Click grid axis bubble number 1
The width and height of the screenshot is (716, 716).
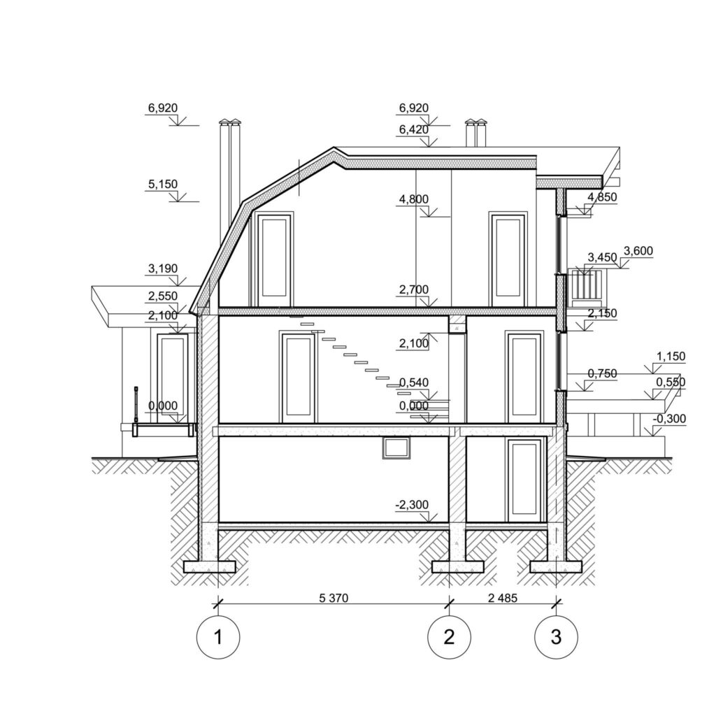tap(218, 636)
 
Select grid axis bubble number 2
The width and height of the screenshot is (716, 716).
tap(450, 636)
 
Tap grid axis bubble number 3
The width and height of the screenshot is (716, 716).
tap(556, 636)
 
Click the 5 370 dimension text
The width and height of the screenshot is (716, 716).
tap(334, 598)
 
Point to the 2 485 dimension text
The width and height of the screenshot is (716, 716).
tap(503, 598)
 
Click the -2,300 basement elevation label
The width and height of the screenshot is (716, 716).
tap(412, 505)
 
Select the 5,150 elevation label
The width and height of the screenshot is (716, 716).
tap(163, 184)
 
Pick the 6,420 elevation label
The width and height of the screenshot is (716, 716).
tap(414, 129)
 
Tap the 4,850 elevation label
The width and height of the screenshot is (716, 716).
tap(602, 197)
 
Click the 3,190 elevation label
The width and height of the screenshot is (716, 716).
tap(163, 268)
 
